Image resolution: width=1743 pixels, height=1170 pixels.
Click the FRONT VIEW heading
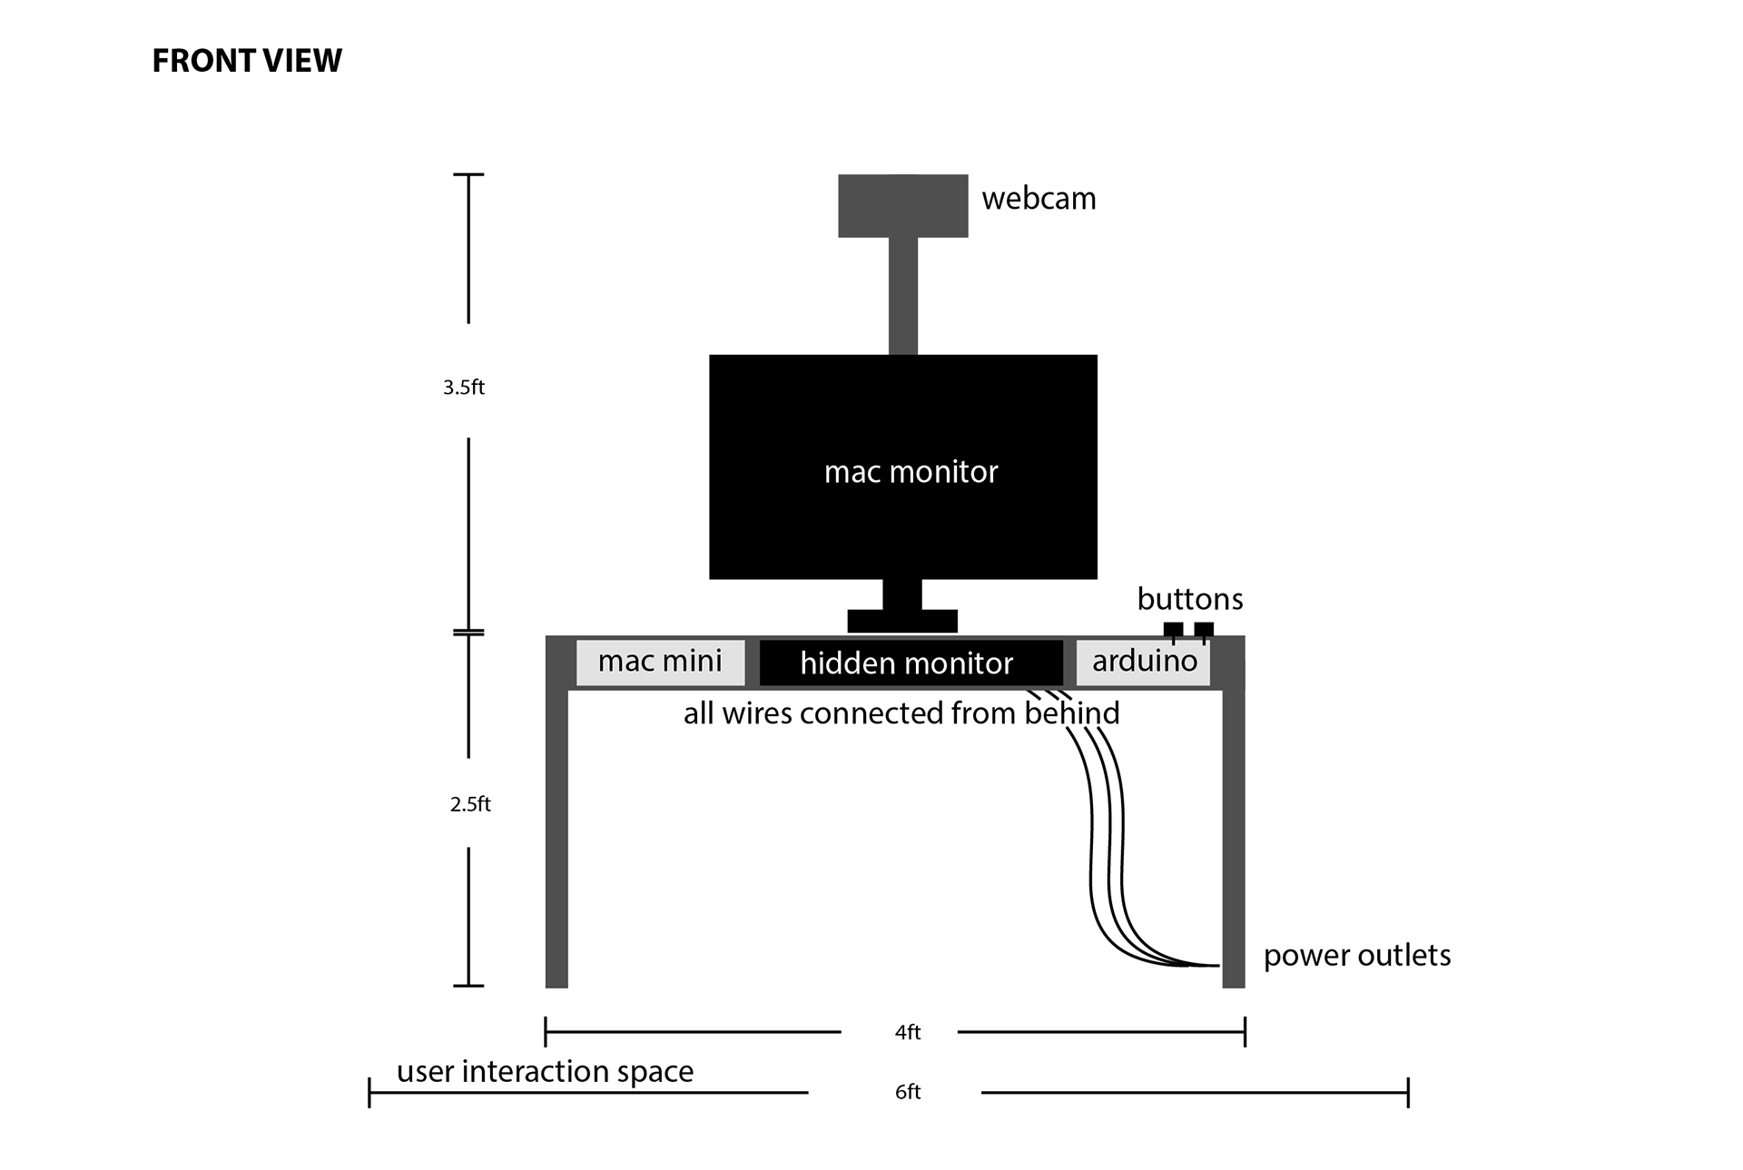(x=247, y=61)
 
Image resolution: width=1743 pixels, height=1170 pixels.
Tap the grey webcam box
(x=902, y=206)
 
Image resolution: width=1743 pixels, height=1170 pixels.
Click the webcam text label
(x=1039, y=199)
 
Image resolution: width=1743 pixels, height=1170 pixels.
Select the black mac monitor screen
(x=903, y=467)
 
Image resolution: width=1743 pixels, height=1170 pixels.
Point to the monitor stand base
(x=902, y=621)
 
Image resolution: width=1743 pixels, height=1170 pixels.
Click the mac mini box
(x=661, y=663)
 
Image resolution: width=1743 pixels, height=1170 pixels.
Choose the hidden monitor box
(x=911, y=664)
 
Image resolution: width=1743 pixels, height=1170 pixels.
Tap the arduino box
(x=1143, y=663)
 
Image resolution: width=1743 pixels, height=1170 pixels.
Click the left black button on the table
(x=1173, y=629)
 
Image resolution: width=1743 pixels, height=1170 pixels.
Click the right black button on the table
(x=1204, y=629)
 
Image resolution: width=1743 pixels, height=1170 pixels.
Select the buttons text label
(x=1190, y=599)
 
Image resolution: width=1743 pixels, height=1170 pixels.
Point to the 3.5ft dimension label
(x=464, y=388)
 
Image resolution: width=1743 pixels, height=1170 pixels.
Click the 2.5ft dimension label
(x=470, y=804)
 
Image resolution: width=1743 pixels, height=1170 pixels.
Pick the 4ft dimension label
(x=908, y=1032)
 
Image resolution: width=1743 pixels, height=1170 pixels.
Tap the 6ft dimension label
(x=908, y=1092)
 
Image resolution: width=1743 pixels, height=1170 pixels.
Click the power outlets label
(x=1357, y=956)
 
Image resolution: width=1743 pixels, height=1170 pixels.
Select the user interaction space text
(x=545, y=1072)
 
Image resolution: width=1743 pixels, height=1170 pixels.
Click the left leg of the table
(x=556, y=812)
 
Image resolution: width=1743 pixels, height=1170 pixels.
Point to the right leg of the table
(x=1234, y=812)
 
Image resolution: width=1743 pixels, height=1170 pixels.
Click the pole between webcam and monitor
(x=902, y=296)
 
